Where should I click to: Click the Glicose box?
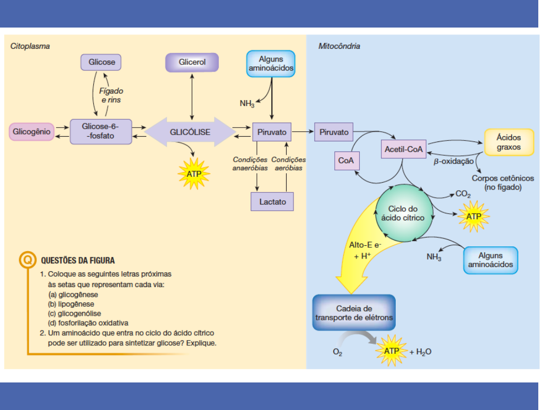tap(102, 63)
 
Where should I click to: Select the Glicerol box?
tap(192, 63)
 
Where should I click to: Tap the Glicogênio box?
tap(32, 132)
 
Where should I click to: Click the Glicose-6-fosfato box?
tap(101, 132)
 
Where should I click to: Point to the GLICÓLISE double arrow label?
tap(190, 132)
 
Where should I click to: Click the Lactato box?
tap(272, 202)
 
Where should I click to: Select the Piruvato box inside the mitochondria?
tap(334, 132)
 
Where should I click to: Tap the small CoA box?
tap(345, 161)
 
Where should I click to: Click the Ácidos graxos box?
tap(509, 142)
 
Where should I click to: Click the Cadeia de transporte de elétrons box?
tap(353, 313)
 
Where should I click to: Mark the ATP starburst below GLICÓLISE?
tap(194, 173)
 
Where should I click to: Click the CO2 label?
tap(463, 194)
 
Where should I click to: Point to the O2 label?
tap(337, 352)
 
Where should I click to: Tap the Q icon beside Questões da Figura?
tap(28, 260)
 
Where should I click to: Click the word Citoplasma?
tap(30, 46)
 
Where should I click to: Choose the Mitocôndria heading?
tap(339, 46)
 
